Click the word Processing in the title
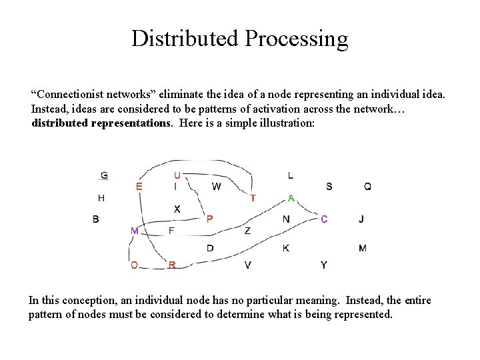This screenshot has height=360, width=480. click(x=296, y=39)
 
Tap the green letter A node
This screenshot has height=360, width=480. click(x=291, y=198)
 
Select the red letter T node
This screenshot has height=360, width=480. click(x=253, y=198)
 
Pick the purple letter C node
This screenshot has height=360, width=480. click(x=324, y=219)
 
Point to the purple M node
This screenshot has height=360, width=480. click(x=135, y=231)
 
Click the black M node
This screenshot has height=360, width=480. click(x=362, y=248)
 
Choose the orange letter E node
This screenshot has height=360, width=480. click(x=139, y=187)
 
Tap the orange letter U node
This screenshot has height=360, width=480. click(x=177, y=175)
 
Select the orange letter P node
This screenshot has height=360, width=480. click(x=209, y=219)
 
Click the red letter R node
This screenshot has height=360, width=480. click(x=172, y=265)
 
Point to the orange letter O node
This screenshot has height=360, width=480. click(x=134, y=265)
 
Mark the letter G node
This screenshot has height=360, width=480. click(x=104, y=176)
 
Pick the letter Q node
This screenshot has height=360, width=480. click(x=367, y=187)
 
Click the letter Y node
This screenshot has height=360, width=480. click(x=324, y=265)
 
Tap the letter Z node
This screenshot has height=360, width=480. click(x=247, y=231)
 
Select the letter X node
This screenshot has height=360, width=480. click(x=177, y=209)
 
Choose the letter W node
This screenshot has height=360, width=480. click(x=216, y=187)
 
